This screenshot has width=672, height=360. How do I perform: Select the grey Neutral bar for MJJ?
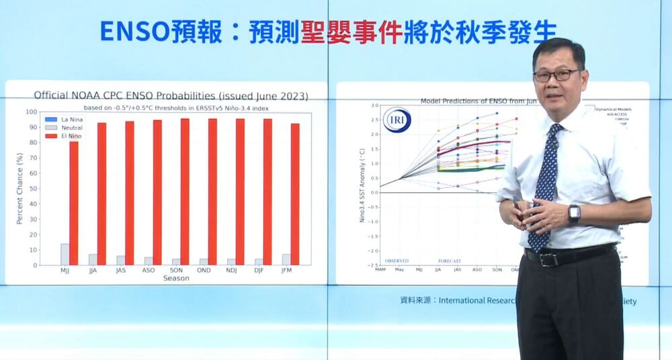(x=65, y=254)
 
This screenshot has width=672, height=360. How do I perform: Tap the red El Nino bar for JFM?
(x=295, y=194)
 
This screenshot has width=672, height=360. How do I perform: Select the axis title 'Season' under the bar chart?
(x=175, y=278)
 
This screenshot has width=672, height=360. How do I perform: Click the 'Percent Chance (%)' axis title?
(x=20, y=189)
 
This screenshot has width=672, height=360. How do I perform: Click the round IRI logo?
(x=396, y=120)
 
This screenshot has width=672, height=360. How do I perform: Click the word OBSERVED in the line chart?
(x=396, y=261)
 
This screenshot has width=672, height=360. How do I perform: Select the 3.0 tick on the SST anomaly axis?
(x=374, y=106)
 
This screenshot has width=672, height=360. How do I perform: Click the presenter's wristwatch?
(x=574, y=214)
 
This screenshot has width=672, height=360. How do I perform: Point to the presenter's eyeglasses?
(x=556, y=75)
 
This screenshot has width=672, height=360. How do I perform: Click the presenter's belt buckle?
(x=548, y=259)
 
